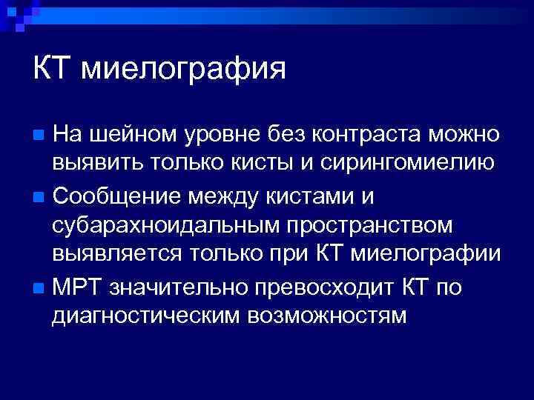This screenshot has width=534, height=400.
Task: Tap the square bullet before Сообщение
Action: pos(40,196)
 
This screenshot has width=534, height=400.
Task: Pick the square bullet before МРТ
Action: pos(40,286)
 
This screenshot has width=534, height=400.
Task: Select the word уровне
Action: pos(220,135)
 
